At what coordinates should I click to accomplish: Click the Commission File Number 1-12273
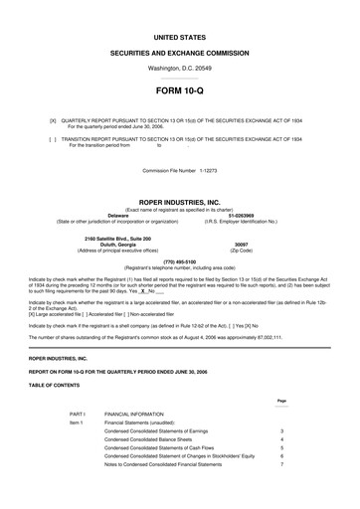point(180,171)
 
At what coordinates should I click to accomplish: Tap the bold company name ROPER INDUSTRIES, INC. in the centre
point(180,200)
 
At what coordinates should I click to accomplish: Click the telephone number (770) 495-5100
point(180,261)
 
